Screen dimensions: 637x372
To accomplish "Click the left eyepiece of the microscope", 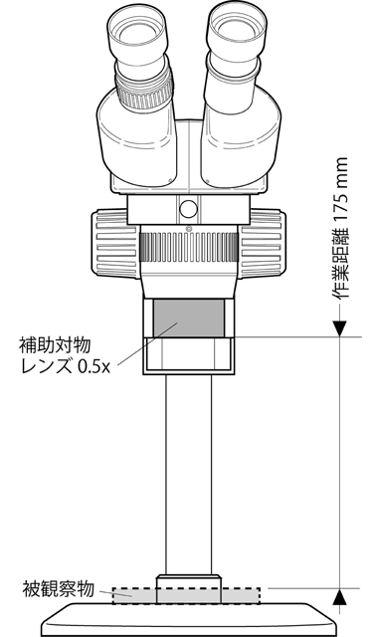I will tap(135, 35).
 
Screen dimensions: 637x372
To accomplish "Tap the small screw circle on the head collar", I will tap(187, 208).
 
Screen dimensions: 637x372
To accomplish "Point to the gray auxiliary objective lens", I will tap(188, 317).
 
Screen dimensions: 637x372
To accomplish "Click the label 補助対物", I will tap(56, 345).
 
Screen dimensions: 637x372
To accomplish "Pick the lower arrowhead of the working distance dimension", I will tap(341, 596).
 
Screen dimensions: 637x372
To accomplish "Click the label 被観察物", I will tap(58, 588).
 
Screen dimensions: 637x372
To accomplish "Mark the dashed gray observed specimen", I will tap(186, 594).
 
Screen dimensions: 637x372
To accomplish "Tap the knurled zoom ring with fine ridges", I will tap(188, 244).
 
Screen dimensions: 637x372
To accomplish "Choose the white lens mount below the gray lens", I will tap(189, 354).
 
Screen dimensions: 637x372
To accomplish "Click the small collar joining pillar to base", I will tap(188, 579).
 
